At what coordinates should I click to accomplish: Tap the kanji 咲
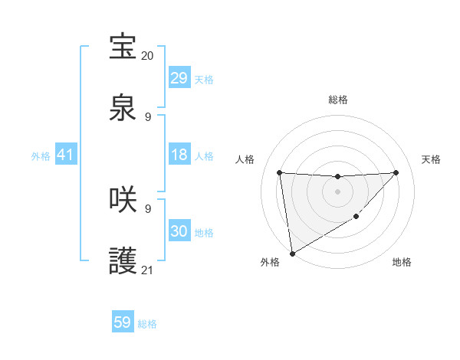pos(123,199)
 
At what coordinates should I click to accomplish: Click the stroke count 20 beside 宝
pos(147,56)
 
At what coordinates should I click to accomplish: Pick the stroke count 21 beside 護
pos(147,270)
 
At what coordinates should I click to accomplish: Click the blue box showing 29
pos(179,78)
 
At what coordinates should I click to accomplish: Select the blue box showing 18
pos(179,155)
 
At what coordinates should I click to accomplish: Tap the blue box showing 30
pos(179,231)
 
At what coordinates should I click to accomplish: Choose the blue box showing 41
pos(66,155)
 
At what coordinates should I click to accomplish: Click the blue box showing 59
pos(123,322)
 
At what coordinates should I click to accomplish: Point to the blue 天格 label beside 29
pos(204,79)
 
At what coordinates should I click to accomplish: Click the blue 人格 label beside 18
pos(204,155)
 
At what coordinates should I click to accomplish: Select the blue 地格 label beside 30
pos(204,232)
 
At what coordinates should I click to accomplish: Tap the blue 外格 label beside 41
pos(41,155)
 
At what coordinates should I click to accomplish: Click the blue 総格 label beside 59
pos(147,323)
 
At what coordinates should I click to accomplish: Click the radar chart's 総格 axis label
pos(337,100)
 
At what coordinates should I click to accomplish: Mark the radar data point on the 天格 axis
pos(396,172)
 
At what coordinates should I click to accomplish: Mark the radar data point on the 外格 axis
pos(291,253)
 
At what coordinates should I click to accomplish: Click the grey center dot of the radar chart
pos(337,191)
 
